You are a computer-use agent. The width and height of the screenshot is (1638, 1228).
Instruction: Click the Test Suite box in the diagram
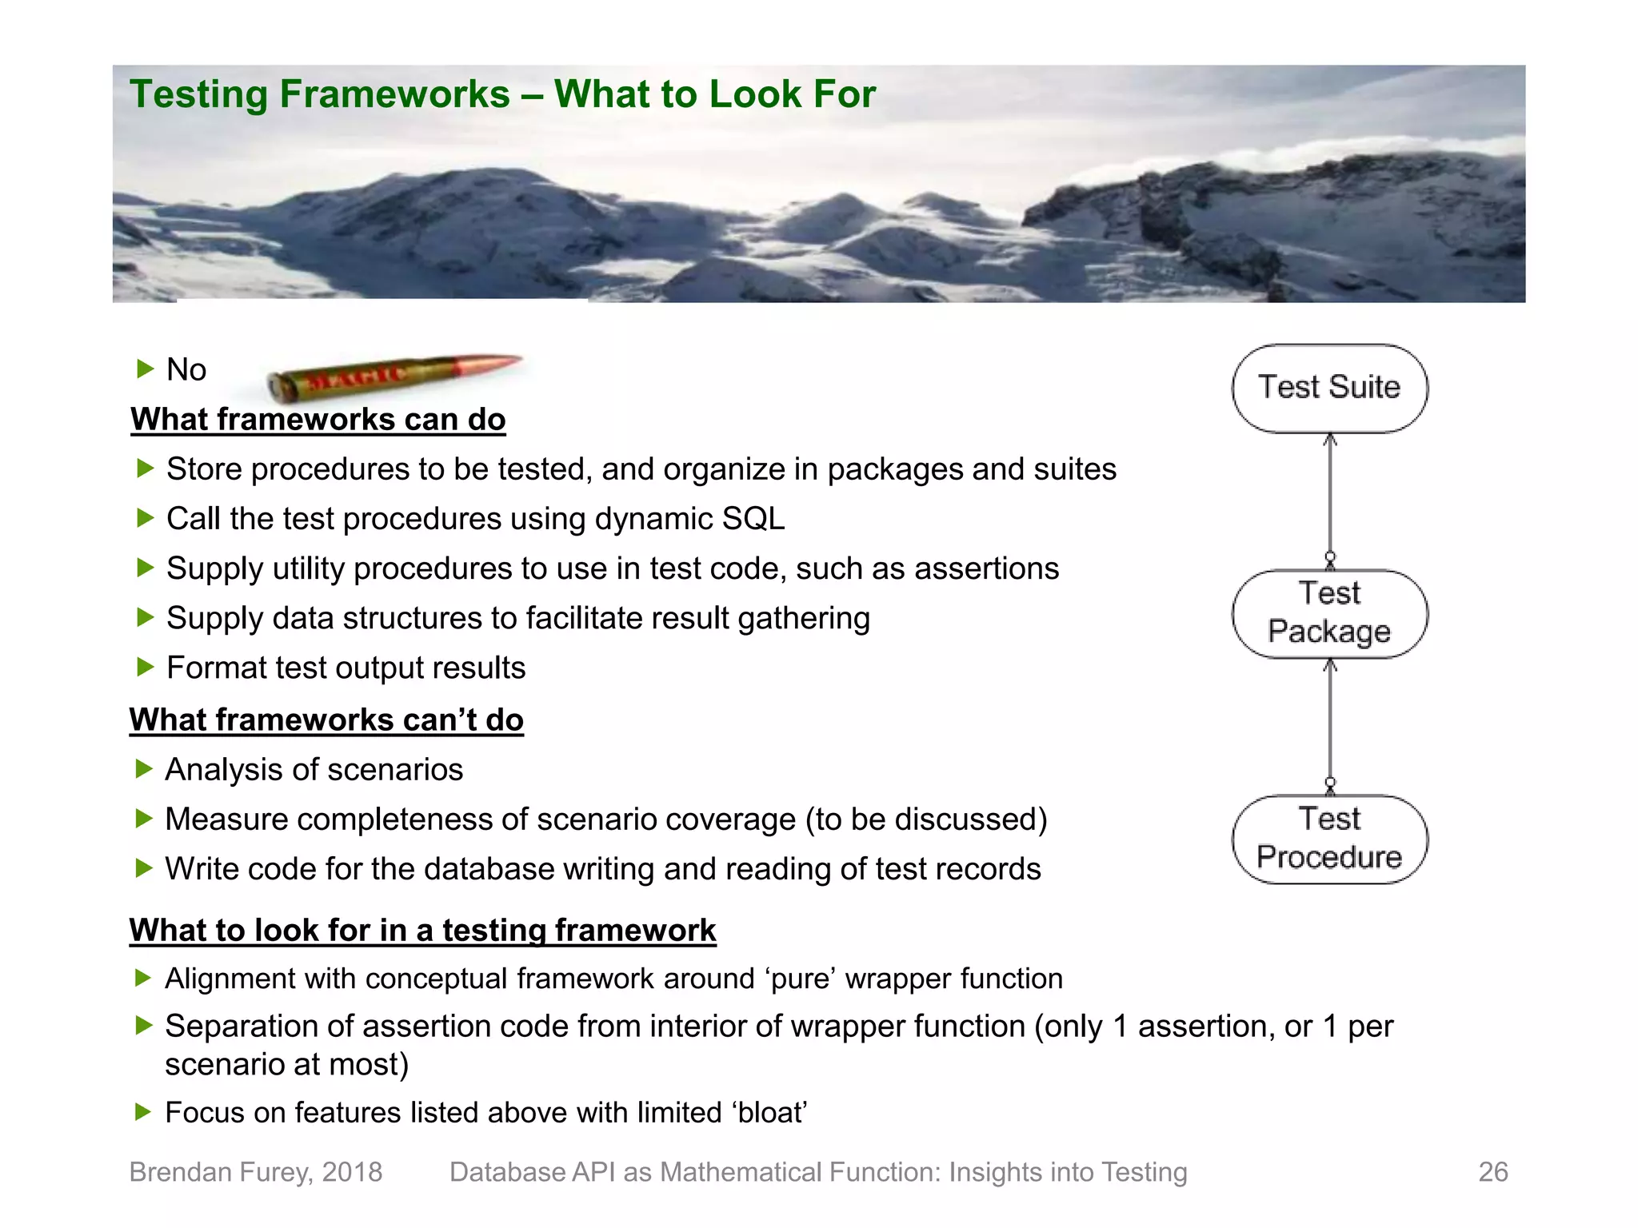pyautogui.click(x=1329, y=389)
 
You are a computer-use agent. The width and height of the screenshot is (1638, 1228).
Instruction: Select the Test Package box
pyautogui.click(x=1329, y=613)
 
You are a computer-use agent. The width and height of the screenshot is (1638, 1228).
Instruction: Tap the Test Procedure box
pyautogui.click(x=1329, y=839)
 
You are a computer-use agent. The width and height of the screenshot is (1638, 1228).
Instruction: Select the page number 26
pyautogui.click(x=1492, y=1171)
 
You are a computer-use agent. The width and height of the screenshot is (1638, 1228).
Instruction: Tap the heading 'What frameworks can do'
pyautogui.click(x=318, y=420)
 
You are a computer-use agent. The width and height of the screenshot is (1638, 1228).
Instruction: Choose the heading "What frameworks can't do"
pyautogui.click(x=326, y=720)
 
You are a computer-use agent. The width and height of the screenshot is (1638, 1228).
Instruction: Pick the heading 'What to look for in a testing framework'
pyautogui.click(x=422, y=931)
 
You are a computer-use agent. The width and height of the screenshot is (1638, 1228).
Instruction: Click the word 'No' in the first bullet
pyautogui.click(x=186, y=370)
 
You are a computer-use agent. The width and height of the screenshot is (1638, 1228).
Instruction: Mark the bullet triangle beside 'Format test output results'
pyautogui.click(x=145, y=667)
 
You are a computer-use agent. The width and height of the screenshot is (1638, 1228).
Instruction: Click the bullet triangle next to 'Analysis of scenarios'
pyautogui.click(x=144, y=769)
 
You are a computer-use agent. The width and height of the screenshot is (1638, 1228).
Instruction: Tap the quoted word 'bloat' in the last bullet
pyautogui.click(x=771, y=1113)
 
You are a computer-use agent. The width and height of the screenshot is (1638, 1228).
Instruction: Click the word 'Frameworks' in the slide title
pyautogui.click(x=394, y=94)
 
